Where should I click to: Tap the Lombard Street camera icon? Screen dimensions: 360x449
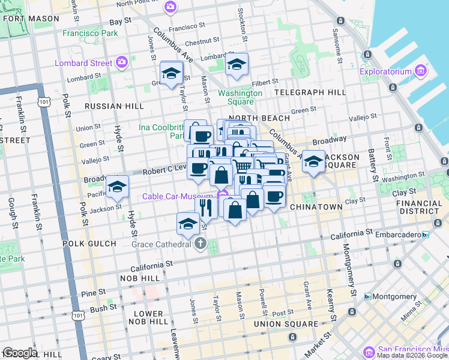[122, 62]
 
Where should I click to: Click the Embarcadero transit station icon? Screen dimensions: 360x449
[426, 235]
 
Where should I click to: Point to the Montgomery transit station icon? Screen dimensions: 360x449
[368, 296]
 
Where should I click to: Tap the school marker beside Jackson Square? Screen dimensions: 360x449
[313, 161]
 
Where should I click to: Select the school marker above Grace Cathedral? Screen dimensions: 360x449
[188, 223]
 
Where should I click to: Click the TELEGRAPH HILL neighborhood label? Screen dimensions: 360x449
[310, 92]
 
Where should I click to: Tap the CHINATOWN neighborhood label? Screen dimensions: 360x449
[316, 207]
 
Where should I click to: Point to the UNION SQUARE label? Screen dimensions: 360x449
[285, 324]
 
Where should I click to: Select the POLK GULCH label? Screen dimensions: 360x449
[84, 244]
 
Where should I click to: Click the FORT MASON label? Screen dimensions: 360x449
[25, 18]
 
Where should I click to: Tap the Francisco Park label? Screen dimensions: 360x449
[90, 33]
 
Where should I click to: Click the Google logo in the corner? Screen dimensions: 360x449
[20, 353]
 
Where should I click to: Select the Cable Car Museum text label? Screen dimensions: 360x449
[178, 196]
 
